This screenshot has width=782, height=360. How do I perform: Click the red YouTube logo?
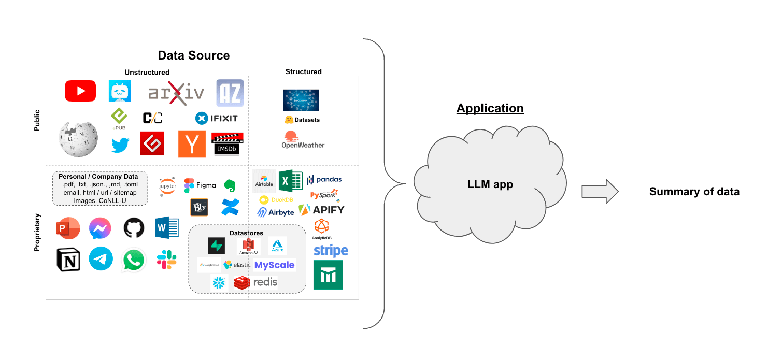pyautogui.click(x=80, y=91)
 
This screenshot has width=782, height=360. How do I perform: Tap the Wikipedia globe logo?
pyautogui.click(x=78, y=139)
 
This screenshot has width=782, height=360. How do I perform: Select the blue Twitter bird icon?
pyautogui.click(x=120, y=145)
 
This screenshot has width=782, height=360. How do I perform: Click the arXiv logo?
pyautogui.click(x=176, y=93)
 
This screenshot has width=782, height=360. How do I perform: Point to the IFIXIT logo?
pyautogui.click(x=217, y=119)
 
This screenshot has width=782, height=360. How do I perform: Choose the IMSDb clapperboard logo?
pyautogui.click(x=227, y=144)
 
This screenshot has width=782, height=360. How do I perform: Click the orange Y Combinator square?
pyautogui.click(x=192, y=144)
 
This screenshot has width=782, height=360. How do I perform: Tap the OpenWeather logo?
pyautogui.click(x=303, y=139)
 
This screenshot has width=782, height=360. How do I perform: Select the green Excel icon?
pyautogui.click(x=290, y=181)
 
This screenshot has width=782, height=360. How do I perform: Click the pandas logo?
pyautogui.click(x=324, y=180)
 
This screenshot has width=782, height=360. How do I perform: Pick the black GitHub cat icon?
pyautogui.click(x=134, y=228)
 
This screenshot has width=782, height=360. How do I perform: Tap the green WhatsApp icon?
pyautogui.click(x=134, y=260)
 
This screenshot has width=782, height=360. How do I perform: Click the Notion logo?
pyautogui.click(x=68, y=260)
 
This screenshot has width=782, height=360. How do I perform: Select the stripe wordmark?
pyautogui.click(x=331, y=251)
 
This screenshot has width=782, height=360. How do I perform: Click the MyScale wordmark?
pyautogui.click(x=274, y=265)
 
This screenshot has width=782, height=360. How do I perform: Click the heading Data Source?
pyautogui.click(x=193, y=55)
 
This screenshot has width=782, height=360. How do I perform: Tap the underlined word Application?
pyautogui.click(x=490, y=109)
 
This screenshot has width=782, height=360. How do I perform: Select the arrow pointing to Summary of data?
pyautogui.click(x=600, y=192)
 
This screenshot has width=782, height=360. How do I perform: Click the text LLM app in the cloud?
pyautogui.click(x=490, y=184)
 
